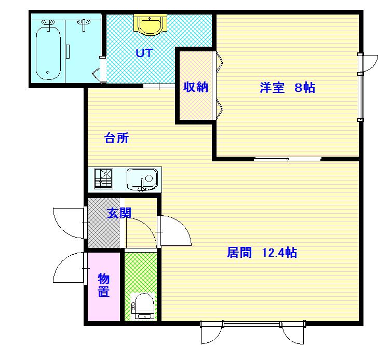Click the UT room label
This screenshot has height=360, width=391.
144,53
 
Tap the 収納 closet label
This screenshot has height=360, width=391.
196,87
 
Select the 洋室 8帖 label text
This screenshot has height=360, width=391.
287,88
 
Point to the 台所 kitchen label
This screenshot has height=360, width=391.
116,138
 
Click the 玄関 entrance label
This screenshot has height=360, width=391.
119,213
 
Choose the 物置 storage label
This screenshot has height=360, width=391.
103,285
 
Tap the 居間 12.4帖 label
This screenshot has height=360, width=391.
262,253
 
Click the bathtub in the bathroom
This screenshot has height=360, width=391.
48,53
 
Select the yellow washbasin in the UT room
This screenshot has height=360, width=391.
150,24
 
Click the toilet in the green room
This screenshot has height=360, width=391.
143,307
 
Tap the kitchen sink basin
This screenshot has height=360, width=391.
142,179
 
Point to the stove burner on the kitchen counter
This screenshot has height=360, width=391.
103,178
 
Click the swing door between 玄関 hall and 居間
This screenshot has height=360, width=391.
174,231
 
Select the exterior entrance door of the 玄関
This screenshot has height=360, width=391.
70,223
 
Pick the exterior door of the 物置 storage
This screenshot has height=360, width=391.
70,268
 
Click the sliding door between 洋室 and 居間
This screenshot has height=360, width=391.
288,159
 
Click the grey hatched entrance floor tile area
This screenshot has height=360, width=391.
104,223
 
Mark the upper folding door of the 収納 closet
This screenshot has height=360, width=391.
219,62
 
